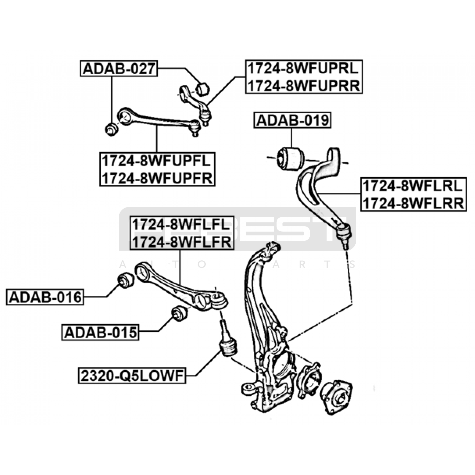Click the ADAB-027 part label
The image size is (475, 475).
point(119,69)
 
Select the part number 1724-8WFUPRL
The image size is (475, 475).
point(304,69)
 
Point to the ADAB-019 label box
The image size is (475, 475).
point(292,120)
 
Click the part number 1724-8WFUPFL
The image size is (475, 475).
point(157,161)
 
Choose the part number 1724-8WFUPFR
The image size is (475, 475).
point(157,178)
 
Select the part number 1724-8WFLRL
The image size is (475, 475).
point(413,186)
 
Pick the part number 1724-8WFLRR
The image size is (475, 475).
point(413,203)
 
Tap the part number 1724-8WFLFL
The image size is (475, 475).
point(181,224)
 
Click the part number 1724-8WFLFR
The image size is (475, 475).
point(181,242)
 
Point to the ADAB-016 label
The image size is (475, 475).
point(45,297)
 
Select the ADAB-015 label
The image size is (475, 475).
point(101,332)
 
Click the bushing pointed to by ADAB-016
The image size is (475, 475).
point(126,280)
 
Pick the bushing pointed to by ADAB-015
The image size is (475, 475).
point(180,313)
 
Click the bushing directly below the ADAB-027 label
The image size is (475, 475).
point(112,129)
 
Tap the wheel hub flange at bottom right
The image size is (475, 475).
point(336,397)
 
